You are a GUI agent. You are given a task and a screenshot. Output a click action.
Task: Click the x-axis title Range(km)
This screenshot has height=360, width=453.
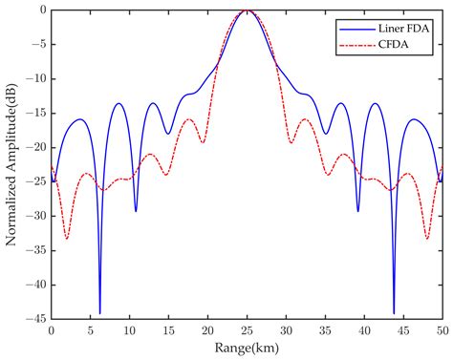tap(247, 349)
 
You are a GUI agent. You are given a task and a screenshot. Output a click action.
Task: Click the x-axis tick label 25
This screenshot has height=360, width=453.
tap(247, 332)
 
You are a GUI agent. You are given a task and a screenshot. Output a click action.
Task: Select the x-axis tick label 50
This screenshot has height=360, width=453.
tap(441, 332)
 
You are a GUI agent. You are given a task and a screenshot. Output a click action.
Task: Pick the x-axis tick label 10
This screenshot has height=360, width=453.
tap(130, 332)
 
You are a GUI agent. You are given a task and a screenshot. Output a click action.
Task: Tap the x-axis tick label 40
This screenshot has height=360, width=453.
tap(363, 332)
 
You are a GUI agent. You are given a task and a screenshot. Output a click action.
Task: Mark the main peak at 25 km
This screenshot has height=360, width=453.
tap(247, 11)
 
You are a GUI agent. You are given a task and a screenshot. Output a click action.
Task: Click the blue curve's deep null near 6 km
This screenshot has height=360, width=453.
tap(100, 312)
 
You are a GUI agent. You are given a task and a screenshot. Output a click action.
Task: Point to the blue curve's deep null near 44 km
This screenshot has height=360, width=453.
tap(394, 312)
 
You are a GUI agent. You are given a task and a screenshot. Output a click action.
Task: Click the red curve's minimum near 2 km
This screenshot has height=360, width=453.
tap(67, 239)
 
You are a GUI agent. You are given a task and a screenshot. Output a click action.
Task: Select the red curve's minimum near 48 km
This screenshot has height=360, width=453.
tap(426, 239)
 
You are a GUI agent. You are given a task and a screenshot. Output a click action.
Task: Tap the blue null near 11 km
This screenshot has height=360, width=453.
tap(136, 211)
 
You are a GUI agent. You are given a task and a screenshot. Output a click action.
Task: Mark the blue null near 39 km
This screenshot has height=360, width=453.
tap(358, 211)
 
